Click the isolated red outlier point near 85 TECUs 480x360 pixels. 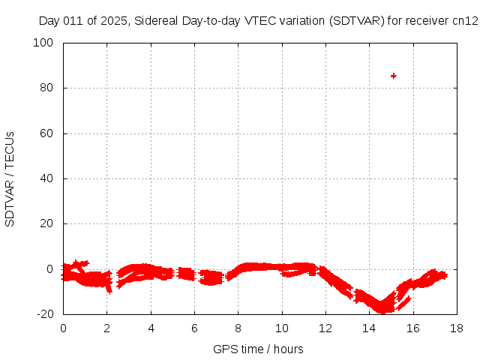tap(393, 76)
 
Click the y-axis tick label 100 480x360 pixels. tap(43, 43)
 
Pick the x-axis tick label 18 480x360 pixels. tap(457, 328)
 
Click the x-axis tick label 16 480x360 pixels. tap(413, 328)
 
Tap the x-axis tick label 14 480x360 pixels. tap(370, 328)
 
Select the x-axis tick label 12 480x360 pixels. tap(325, 328)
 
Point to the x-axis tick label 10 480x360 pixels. tap(282, 328)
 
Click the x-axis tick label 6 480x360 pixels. tap(194, 328)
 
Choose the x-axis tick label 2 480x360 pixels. tap(106, 328)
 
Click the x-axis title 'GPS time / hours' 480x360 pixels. tap(258, 349)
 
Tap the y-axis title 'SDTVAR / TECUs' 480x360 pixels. tap(10, 178)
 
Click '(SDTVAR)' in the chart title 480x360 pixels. tap(356, 22)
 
